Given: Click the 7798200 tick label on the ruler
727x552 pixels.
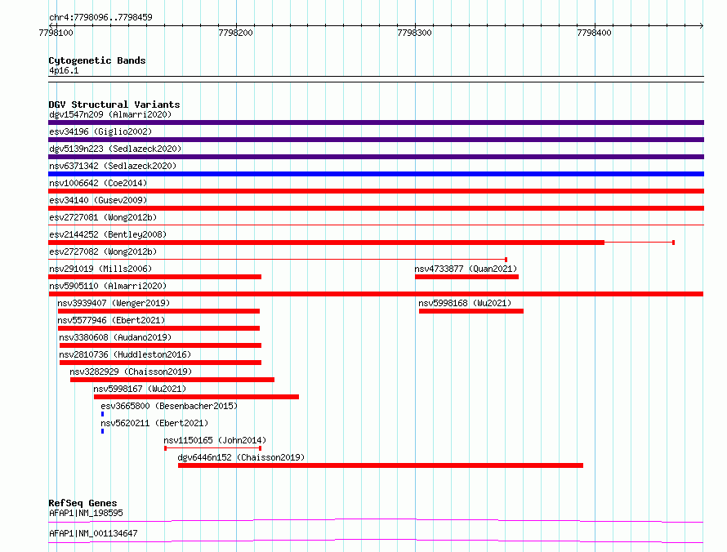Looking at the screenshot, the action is pyautogui.click(x=235, y=33).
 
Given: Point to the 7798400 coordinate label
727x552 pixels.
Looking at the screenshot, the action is pyautogui.click(x=594, y=33).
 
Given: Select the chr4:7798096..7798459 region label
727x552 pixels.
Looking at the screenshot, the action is pyautogui.click(x=100, y=18).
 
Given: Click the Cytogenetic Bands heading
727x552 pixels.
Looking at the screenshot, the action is pyautogui.click(x=97, y=60).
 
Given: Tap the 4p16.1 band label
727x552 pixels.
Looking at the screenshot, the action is pyautogui.click(x=64, y=70).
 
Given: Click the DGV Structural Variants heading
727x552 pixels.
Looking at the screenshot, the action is pyautogui.click(x=114, y=105).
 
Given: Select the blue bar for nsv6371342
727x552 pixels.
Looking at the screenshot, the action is pyautogui.click(x=376, y=174).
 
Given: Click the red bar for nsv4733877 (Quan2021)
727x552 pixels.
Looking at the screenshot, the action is pyautogui.click(x=466, y=277).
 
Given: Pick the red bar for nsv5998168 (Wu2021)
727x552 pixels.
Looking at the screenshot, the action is pyautogui.click(x=471, y=311).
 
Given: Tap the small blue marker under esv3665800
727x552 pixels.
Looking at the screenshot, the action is pyautogui.click(x=102, y=414).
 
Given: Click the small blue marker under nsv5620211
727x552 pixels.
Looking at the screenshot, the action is pyautogui.click(x=102, y=431).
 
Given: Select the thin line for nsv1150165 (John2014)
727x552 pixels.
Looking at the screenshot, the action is pyautogui.click(x=213, y=448).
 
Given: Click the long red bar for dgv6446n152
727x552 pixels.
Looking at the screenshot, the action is pyautogui.click(x=380, y=465).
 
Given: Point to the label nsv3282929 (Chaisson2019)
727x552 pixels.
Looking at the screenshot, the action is pyautogui.click(x=131, y=372).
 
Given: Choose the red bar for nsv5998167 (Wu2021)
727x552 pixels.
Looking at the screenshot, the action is pyautogui.click(x=196, y=397).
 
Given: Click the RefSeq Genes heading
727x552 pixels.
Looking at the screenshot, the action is pyautogui.click(x=83, y=503).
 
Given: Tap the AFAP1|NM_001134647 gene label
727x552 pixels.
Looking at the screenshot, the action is pyautogui.click(x=93, y=533).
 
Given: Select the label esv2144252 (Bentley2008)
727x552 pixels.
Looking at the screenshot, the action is pyautogui.click(x=108, y=234).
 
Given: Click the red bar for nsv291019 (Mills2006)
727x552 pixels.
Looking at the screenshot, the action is pyautogui.click(x=155, y=277).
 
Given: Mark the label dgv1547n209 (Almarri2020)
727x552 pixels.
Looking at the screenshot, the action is pyautogui.click(x=110, y=114).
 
